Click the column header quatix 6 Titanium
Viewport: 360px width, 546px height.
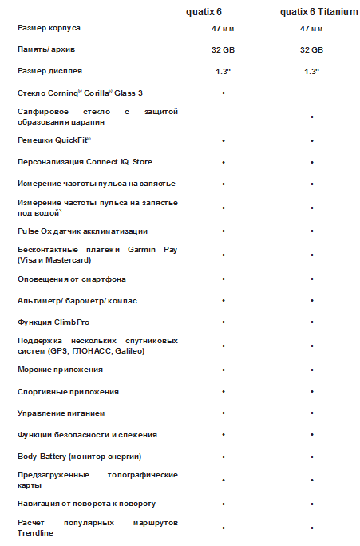tap(312, 11)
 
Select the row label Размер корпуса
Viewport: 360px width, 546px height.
tap(49, 28)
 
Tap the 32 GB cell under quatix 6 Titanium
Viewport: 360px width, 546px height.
tap(311, 49)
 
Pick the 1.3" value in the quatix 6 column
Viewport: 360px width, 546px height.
tap(223, 71)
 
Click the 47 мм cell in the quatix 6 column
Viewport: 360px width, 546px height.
tap(223, 28)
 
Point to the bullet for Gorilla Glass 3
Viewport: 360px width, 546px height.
tap(223, 93)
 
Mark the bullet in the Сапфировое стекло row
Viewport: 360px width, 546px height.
tap(311, 117)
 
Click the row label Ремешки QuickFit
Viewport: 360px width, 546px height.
tap(54, 140)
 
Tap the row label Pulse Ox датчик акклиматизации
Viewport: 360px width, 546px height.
tap(82, 231)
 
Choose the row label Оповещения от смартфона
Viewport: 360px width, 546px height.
tap(71, 279)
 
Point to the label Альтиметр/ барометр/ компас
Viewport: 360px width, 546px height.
tap(77, 301)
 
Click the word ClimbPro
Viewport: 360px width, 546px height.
tap(71, 322)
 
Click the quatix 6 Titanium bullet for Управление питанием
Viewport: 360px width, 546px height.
tap(311, 413)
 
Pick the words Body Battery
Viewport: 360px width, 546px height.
tap(44, 457)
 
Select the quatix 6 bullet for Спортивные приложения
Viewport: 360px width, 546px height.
tap(223, 392)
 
